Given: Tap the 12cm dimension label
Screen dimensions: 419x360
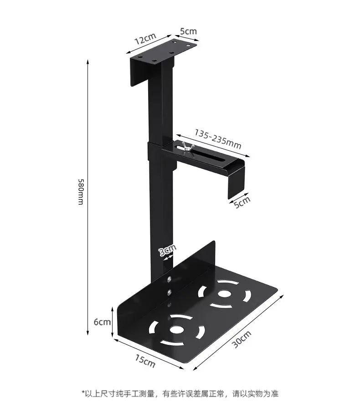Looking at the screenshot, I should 144,40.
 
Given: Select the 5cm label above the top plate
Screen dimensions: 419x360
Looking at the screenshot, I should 188,31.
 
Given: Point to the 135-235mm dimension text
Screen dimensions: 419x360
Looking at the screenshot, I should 218,139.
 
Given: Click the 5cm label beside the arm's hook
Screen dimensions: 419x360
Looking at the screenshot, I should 242,201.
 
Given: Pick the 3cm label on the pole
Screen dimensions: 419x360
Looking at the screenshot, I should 167,250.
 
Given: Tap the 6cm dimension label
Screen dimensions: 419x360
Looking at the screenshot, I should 102,322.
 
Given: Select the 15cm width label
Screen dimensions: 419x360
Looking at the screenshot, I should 145,361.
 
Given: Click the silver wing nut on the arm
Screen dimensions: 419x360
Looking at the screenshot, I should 186,147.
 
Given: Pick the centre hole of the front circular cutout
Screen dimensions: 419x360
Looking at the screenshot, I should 175,328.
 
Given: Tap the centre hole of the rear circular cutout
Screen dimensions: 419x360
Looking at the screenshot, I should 224,293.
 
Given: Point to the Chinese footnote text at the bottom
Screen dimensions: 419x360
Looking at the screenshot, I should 180,393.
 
